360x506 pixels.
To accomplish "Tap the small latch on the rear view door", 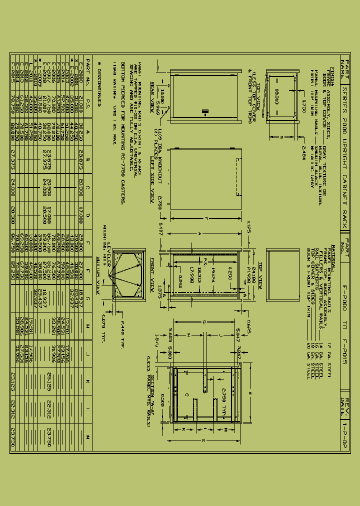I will point(203,109).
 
